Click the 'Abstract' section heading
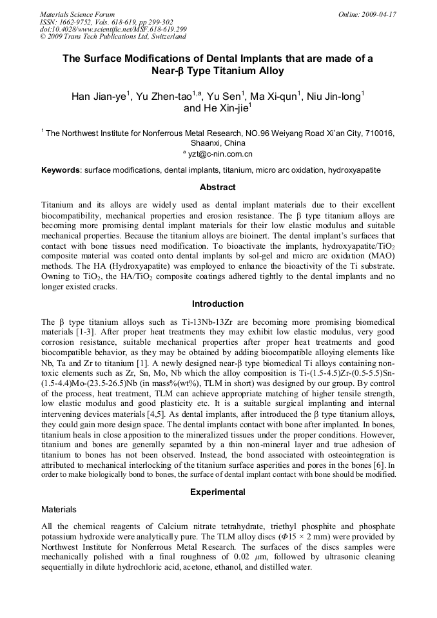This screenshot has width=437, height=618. pos(218,188)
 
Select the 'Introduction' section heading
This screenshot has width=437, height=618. pos(218,304)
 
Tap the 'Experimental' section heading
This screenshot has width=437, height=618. pos(218,492)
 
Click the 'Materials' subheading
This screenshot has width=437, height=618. pos(59,509)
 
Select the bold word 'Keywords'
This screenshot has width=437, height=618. pos(61,171)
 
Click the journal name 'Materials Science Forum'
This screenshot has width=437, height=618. pos(77,14)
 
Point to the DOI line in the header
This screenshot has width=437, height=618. pos(113,29)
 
